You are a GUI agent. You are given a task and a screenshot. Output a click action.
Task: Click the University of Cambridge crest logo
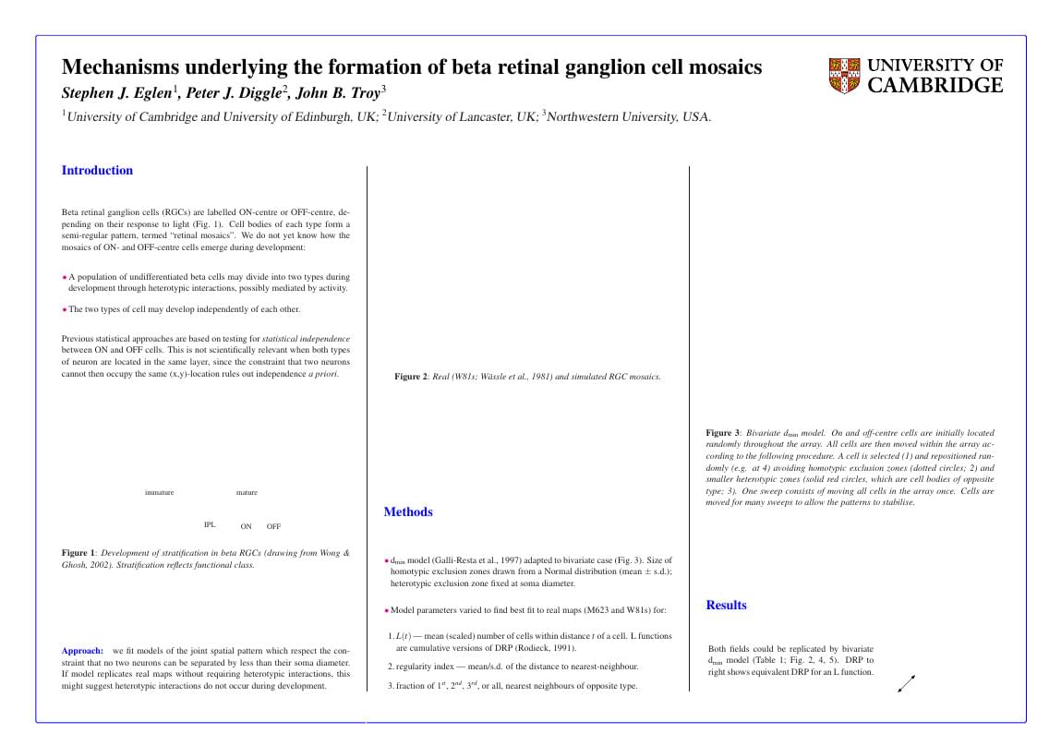pyautogui.click(x=844, y=76)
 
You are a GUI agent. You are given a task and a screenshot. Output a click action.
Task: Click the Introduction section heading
pyautogui.click(x=97, y=171)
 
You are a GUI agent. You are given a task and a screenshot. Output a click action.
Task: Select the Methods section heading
pyautogui.click(x=408, y=512)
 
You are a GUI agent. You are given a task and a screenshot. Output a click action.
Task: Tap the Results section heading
pyautogui.click(x=726, y=606)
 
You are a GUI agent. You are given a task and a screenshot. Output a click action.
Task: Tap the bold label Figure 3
pyautogui.click(x=723, y=433)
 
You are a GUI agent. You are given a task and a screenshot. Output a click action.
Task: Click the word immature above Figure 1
pyautogui.click(x=159, y=493)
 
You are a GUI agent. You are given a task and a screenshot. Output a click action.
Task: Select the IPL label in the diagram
pyautogui.click(x=210, y=524)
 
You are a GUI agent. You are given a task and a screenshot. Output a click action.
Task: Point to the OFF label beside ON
pyautogui.click(x=273, y=527)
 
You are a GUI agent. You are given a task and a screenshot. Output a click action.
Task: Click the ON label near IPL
pyautogui.click(x=246, y=527)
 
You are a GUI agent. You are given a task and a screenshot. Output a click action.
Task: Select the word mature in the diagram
pyautogui.click(x=247, y=493)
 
